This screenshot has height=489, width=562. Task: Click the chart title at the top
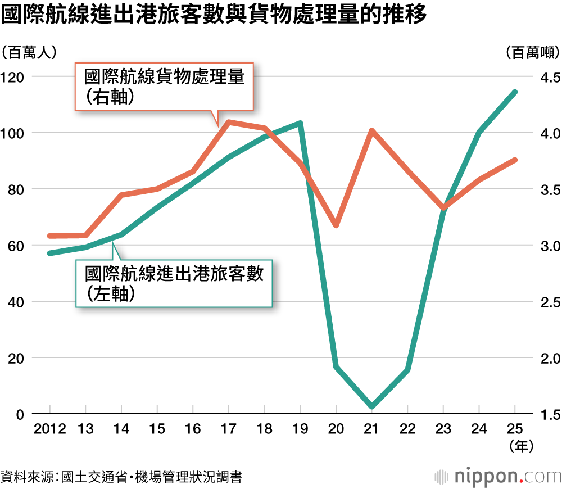click(x=214, y=15)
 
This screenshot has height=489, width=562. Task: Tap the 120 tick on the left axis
click(x=12, y=77)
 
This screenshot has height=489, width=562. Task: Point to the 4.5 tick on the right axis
click(x=551, y=77)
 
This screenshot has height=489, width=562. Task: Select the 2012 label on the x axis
click(x=50, y=429)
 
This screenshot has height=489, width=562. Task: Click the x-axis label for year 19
click(x=300, y=429)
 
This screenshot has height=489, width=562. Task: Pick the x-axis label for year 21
click(x=371, y=429)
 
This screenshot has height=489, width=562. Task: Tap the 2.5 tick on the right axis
click(x=551, y=302)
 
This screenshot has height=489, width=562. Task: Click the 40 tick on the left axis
click(x=16, y=302)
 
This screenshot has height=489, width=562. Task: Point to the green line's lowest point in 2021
click(x=371, y=406)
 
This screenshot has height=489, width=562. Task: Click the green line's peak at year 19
click(x=300, y=124)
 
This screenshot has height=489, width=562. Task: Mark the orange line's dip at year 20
click(x=336, y=225)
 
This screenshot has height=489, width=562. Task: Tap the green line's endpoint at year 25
click(x=515, y=92)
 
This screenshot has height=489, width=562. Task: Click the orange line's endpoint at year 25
click(x=515, y=160)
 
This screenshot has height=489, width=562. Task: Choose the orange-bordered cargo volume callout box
click(x=164, y=87)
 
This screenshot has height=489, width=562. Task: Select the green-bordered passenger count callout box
click(x=174, y=283)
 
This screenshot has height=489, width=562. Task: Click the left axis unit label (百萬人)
click(x=29, y=53)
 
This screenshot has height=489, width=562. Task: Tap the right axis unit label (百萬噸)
click(x=533, y=53)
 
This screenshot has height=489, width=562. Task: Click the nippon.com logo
click(x=497, y=477)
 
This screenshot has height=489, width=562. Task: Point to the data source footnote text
click(x=121, y=477)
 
